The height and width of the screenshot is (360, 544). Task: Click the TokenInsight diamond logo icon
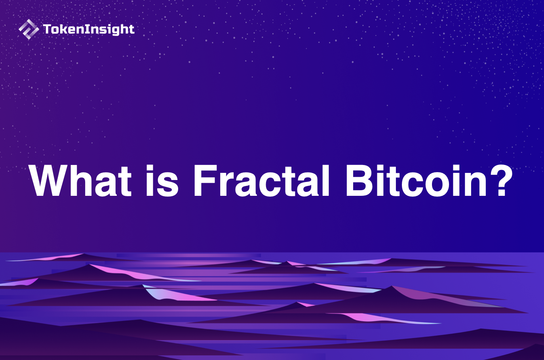29,29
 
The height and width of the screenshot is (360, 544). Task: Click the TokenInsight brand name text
89,29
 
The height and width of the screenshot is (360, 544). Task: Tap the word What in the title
80,181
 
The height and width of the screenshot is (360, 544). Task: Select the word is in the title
162,181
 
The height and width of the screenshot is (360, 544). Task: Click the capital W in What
48,181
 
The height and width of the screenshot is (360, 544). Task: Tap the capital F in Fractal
204,181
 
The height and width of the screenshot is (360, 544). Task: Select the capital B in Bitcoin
358,181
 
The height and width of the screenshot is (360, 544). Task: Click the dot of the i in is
151,168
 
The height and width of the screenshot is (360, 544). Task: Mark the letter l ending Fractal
325,181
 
